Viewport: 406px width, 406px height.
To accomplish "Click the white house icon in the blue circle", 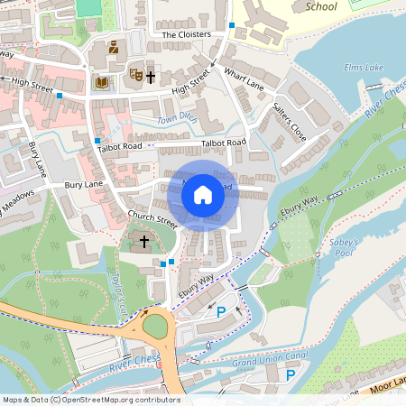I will coord(203,195).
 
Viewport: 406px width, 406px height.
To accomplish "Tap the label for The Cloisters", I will coord(186,34).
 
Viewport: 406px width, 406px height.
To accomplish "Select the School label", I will coord(321,6).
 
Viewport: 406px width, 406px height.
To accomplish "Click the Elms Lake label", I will coord(364,68).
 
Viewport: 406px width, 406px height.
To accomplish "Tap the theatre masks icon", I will coord(135,74).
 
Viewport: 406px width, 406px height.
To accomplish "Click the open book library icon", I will coord(100,83).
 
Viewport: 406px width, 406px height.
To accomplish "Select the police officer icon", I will coord(114,48).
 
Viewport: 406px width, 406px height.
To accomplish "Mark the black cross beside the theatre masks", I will coord(151,78).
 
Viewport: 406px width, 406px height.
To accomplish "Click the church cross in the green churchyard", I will coord(143,242).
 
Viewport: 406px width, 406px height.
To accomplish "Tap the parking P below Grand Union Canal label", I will coord(291,374).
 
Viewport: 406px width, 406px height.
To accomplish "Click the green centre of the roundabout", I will coord(156,324).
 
